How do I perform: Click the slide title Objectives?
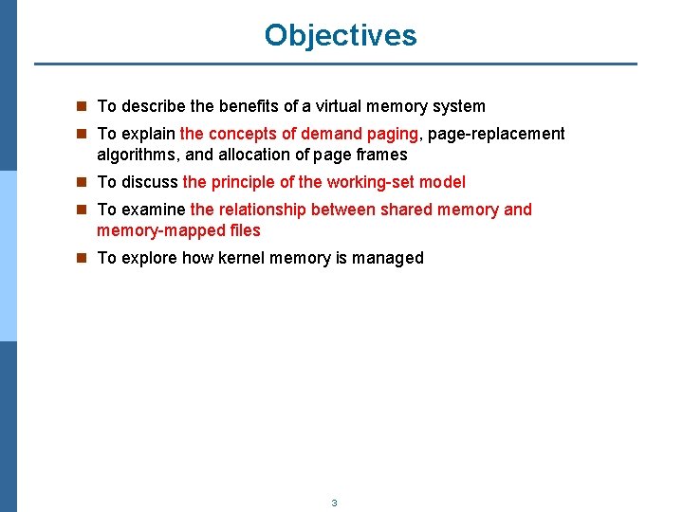(x=341, y=35)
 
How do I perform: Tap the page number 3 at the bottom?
(x=334, y=503)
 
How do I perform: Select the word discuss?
(x=150, y=182)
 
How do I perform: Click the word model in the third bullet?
(x=443, y=182)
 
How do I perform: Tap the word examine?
(x=154, y=210)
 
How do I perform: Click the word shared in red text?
(x=406, y=210)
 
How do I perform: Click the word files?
(x=244, y=230)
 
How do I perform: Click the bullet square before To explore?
(x=83, y=258)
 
